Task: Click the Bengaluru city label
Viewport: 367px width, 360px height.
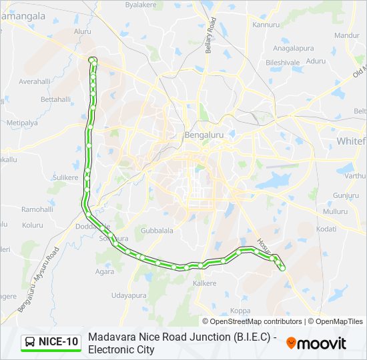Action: click(204, 135)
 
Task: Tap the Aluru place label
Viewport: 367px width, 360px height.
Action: click(83, 31)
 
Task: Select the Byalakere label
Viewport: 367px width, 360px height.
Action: click(141, 4)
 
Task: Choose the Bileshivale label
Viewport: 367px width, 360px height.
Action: click(282, 62)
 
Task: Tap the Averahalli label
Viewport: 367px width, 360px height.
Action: click(35, 81)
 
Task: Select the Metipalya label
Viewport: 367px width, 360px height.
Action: click(22, 123)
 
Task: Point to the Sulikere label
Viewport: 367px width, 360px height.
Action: click(65, 177)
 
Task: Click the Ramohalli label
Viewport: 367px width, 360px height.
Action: click(37, 209)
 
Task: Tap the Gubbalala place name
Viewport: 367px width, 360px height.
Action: click(157, 231)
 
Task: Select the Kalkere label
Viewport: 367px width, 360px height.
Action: click(205, 283)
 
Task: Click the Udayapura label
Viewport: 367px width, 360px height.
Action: click(128, 295)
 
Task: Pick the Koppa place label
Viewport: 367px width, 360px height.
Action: click(240, 311)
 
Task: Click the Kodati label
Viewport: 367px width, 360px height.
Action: click(326, 229)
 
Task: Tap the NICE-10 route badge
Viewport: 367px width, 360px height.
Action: click(51, 342)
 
